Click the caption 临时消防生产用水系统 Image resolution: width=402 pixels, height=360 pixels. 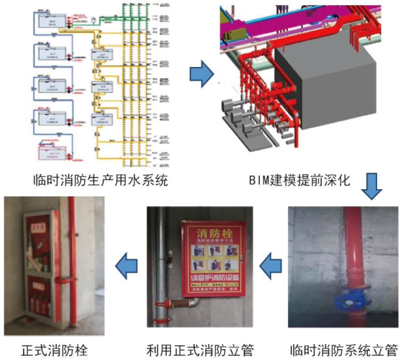[x=101, y=181]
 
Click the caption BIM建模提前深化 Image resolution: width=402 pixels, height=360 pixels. [x=300, y=181]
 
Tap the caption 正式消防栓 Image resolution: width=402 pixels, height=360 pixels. [x=54, y=350]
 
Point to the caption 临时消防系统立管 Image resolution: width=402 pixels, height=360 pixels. [x=343, y=350]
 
